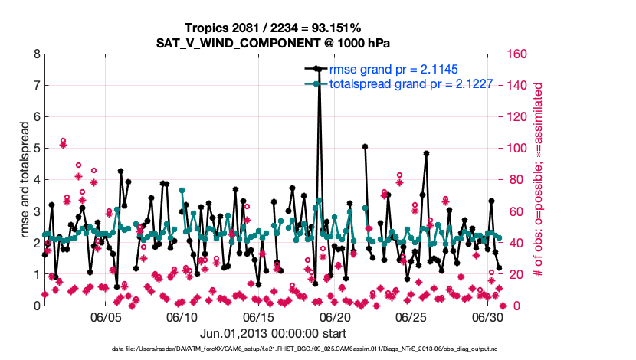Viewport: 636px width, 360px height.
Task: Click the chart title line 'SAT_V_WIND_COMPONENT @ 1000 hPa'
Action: coord(273,43)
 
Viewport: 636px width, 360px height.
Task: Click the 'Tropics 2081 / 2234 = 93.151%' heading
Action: coord(273,28)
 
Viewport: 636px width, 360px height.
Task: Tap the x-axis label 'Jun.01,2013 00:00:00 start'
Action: coord(273,334)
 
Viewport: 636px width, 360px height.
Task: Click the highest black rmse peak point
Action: coord(317,68)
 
